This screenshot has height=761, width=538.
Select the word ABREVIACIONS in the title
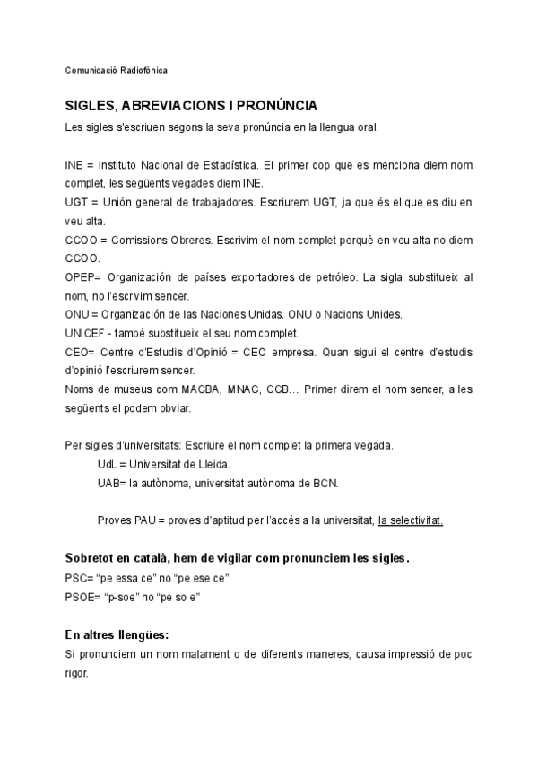coord(160,106)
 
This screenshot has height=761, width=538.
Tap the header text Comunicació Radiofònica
coord(117,70)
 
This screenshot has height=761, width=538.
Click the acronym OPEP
coord(82,278)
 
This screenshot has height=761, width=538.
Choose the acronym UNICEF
coord(87,334)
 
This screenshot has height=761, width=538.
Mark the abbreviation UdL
coord(108,464)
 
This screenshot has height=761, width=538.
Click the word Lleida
coord(213,464)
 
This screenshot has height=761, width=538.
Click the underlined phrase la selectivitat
coord(411,520)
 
